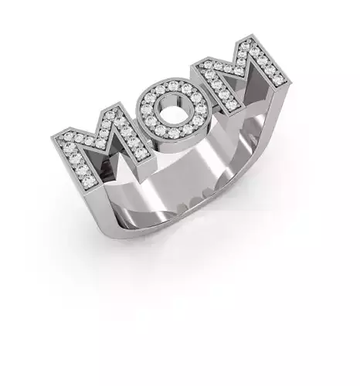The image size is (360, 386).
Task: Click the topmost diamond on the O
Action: [x=175, y=86]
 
